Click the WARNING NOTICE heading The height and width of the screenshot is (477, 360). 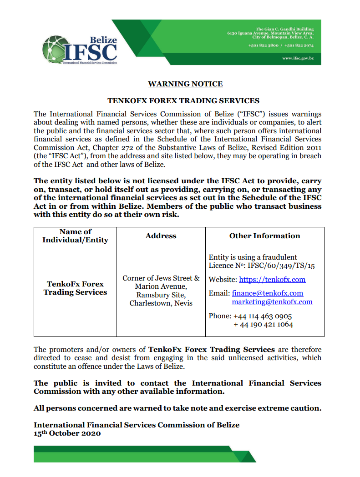point(185,84)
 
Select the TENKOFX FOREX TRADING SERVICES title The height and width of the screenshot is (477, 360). point(183,100)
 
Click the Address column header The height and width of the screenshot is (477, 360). point(161,236)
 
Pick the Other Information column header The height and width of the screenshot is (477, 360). point(264,236)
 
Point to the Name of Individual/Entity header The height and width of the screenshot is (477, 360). point(75,236)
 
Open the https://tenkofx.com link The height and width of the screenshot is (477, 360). point(272,279)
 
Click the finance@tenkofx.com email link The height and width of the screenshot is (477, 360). point(268,293)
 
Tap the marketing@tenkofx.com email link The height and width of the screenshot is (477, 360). point(272,301)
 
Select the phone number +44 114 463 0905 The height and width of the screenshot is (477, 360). point(263,316)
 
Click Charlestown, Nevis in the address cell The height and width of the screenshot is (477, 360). point(161,303)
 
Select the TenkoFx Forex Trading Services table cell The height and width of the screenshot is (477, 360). point(75,288)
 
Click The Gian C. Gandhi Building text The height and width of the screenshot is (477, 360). point(284,30)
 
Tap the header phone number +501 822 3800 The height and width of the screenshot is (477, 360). point(264,45)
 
